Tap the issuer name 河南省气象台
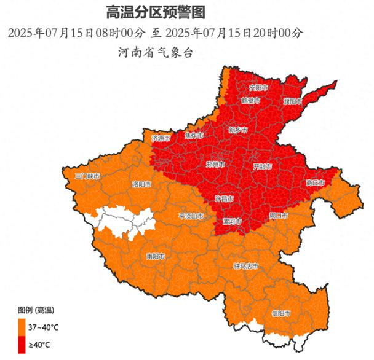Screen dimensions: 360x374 [x=155, y=52]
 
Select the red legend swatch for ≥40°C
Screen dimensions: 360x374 [x=22, y=346]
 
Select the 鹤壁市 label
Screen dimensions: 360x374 [x=250, y=100]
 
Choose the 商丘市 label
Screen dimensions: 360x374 [x=315, y=182]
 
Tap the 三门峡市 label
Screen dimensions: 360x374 [x=86, y=176]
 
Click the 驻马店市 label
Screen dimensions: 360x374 [x=245, y=267]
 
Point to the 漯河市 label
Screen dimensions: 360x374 [x=232, y=221]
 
